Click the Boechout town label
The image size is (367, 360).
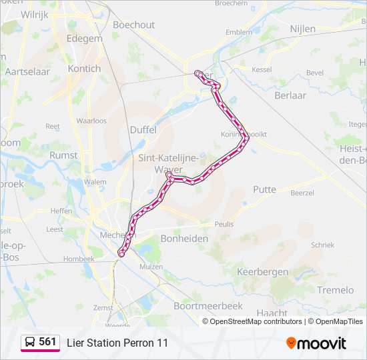click(133, 25)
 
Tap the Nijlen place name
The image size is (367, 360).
click(303, 29)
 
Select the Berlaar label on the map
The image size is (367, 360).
click(290, 95)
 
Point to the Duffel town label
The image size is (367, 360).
click(143, 130)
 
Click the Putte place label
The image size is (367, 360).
click(264, 189)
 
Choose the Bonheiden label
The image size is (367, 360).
click(184, 238)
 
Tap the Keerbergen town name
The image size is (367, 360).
click(263, 272)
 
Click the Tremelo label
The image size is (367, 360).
click(336, 290)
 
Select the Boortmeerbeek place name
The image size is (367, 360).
click(203, 306)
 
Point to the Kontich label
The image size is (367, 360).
click(85, 69)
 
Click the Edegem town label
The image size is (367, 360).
click(85, 38)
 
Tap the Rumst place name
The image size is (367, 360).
click(63, 155)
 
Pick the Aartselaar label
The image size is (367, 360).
click(27, 71)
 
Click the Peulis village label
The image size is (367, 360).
click(224, 225)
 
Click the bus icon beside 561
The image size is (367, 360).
click(30, 343)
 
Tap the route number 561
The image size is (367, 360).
click(47, 342)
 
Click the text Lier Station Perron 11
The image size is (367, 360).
click(117, 343)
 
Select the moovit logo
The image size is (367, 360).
click(316, 343)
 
